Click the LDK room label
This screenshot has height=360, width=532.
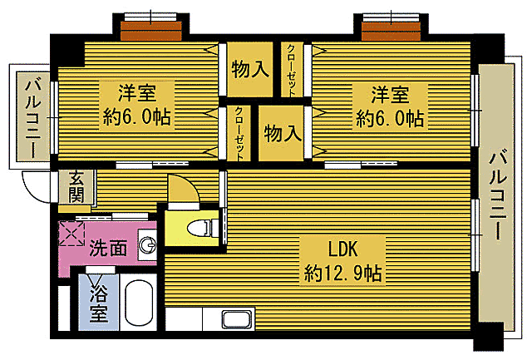(x=343, y=248)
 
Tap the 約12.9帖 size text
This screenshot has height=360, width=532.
(x=343, y=272)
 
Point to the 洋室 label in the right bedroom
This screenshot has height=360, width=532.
(x=390, y=93)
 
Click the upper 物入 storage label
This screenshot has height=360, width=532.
(x=249, y=70)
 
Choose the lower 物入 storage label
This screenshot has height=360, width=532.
(x=283, y=133)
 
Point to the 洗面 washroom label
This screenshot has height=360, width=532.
(x=108, y=247)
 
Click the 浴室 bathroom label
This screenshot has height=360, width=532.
(x=99, y=303)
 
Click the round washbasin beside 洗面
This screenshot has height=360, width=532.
(x=148, y=245)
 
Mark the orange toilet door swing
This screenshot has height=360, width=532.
(x=182, y=190)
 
